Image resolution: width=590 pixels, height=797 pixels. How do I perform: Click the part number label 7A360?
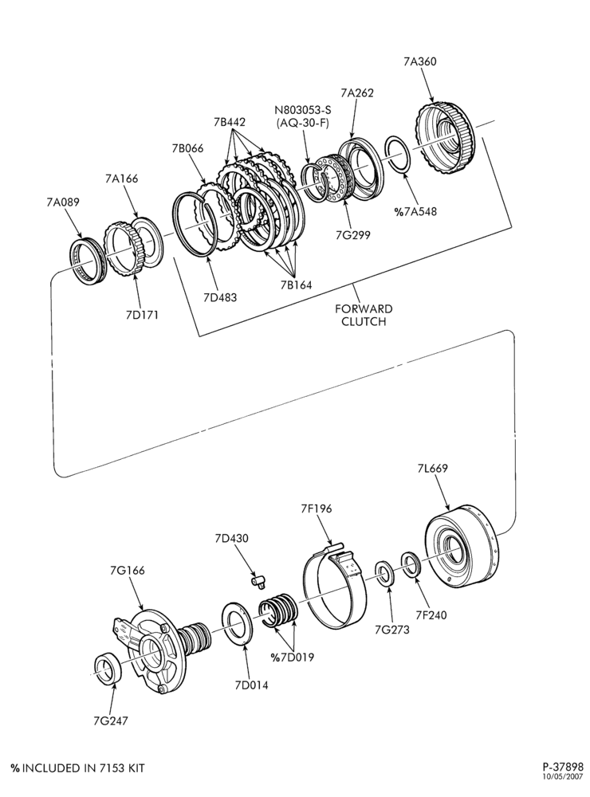(x=419, y=61)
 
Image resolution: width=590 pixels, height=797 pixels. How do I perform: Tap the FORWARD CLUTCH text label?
(x=364, y=315)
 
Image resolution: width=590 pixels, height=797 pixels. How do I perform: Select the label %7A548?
(x=415, y=211)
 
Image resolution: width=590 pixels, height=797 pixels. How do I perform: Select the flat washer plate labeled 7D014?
(x=238, y=623)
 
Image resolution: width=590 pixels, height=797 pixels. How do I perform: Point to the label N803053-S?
(x=303, y=110)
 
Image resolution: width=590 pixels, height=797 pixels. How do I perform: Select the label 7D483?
(x=220, y=296)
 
